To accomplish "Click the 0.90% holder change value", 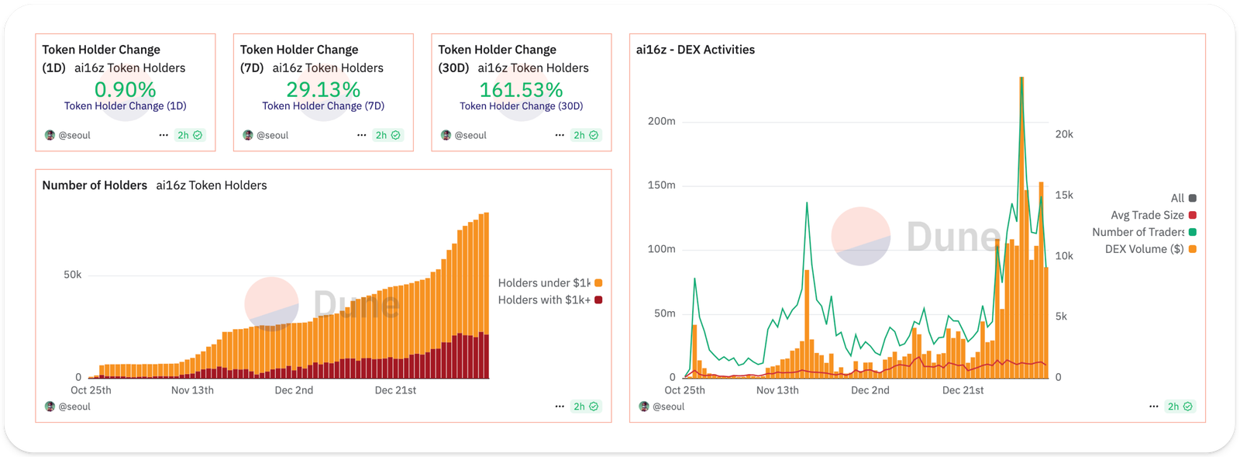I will coord(125,89).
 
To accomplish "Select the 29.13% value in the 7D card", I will coord(323,89).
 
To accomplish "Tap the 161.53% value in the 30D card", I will coord(521,89).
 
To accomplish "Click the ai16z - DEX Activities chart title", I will coord(695,50).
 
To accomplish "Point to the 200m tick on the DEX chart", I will coord(661,121).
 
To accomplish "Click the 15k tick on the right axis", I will coord(1064,195).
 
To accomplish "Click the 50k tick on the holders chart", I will coord(72,275).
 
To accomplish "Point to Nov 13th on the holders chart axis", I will coord(192,390).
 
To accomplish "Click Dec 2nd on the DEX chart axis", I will coord(870,390).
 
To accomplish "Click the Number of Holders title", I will coord(95,185).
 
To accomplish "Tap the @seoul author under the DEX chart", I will coord(667,407).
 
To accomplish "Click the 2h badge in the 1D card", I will coord(189,135).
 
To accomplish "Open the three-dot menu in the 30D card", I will coord(560,135).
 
